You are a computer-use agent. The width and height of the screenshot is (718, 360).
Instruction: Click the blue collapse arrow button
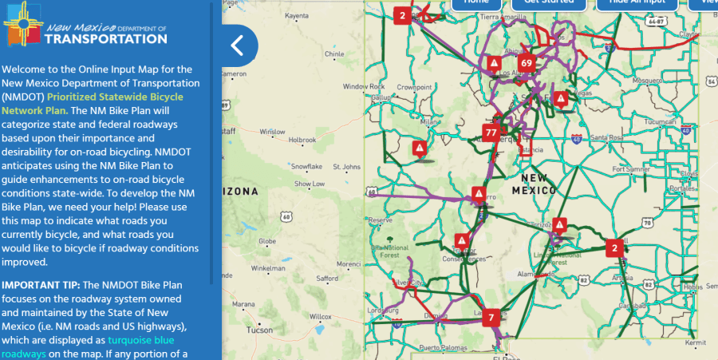tap(237, 45)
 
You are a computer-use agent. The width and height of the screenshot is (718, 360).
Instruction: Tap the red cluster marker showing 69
tap(525, 63)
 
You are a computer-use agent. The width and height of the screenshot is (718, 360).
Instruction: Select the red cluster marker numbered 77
tap(491, 133)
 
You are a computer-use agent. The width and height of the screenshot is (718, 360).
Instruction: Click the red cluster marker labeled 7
tap(492, 316)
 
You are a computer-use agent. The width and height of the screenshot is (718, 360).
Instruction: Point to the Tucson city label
tap(259, 330)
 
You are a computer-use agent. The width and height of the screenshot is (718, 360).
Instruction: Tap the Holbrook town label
tap(302, 140)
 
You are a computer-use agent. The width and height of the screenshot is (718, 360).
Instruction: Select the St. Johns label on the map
tap(347, 168)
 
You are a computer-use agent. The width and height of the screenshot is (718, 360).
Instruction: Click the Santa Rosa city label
tap(606, 137)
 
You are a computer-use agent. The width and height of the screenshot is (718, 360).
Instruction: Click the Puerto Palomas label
tap(440, 347)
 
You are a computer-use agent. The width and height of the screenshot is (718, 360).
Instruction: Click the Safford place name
tap(327, 278)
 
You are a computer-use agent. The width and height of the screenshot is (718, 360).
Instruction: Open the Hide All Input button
tap(630, 2)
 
